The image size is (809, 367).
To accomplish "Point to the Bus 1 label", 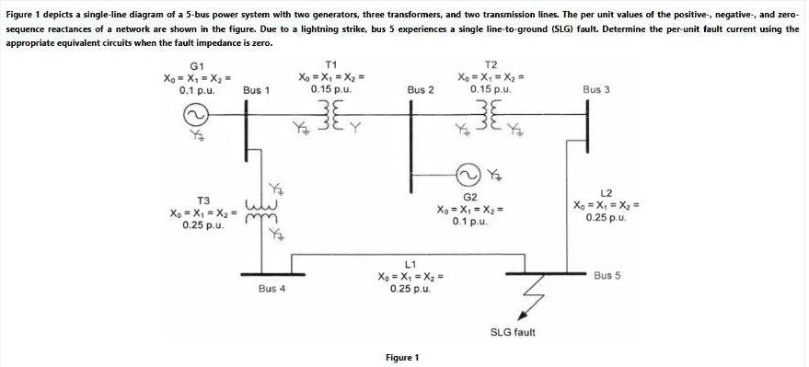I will [256, 90].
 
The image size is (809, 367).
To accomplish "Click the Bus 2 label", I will [421, 90].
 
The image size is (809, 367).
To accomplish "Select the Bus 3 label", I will [596, 89].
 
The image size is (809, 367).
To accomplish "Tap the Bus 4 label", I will [272, 288].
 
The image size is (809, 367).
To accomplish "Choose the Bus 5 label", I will [607, 275].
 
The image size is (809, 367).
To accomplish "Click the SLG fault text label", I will [513, 331].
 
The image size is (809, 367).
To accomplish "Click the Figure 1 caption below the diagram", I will [403, 357].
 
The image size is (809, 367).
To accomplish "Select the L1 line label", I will [411, 265].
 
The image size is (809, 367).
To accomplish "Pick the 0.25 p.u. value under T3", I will [202, 225].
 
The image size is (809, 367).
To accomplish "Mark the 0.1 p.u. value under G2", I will [469, 222].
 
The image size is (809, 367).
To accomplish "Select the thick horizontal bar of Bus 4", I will [272, 274].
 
